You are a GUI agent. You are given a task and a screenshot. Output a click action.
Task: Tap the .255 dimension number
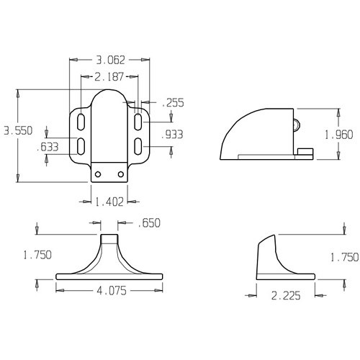click(173, 103)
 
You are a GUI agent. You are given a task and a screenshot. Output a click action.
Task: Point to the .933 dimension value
click(173, 135)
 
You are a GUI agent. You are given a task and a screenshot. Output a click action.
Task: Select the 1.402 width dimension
click(110, 202)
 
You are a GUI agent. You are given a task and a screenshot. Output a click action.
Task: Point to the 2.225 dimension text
click(287, 294)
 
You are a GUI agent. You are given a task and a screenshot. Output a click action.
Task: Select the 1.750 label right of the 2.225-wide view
click(343, 256)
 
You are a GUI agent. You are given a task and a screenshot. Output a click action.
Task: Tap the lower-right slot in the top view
click(138, 146)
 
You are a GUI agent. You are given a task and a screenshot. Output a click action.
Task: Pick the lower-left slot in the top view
click(81, 146)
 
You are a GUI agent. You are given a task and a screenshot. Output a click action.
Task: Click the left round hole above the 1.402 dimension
click(101, 174)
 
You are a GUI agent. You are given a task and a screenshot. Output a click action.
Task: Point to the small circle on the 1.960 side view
click(295, 123)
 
